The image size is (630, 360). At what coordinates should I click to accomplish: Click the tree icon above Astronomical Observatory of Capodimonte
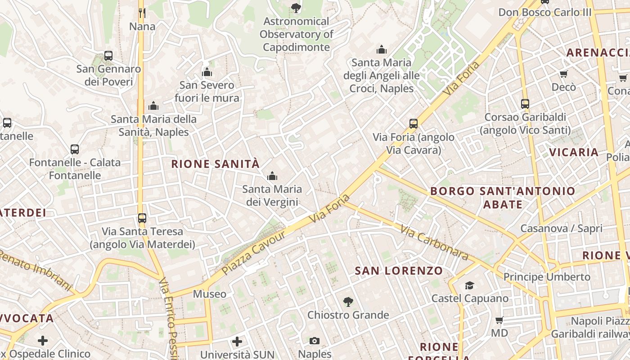[x=296, y=7]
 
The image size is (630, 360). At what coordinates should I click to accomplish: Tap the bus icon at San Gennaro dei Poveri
[x=108, y=56]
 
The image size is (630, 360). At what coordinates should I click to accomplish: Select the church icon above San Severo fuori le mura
[x=207, y=72]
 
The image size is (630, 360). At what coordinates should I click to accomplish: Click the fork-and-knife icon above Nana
[x=142, y=13]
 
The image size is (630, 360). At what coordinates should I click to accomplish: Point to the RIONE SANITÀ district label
[x=216, y=164]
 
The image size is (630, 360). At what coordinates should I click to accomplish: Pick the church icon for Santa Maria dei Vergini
[x=272, y=176]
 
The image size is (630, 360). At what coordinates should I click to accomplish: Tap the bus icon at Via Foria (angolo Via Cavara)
[x=414, y=124]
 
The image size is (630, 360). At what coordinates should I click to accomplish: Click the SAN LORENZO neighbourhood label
[x=399, y=271]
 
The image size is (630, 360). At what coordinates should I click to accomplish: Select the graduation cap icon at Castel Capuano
[x=470, y=285]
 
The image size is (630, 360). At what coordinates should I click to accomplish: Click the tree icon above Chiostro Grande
[x=348, y=301]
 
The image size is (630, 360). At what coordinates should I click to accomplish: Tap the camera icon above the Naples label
[x=315, y=341]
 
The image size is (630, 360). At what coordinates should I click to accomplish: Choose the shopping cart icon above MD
[x=499, y=320]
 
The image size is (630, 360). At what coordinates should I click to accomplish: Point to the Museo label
[x=210, y=294]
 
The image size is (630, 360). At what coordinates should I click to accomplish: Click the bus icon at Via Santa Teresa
[x=142, y=218]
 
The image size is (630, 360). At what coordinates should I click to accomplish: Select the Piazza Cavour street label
[x=254, y=253]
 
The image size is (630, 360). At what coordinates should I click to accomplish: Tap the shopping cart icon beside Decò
[x=563, y=74]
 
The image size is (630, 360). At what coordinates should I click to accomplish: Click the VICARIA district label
[x=574, y=152]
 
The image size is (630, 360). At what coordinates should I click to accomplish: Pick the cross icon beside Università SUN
[x=237, y=342]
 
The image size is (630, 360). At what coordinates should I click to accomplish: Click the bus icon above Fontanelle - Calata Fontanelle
[x=75, y=149]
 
